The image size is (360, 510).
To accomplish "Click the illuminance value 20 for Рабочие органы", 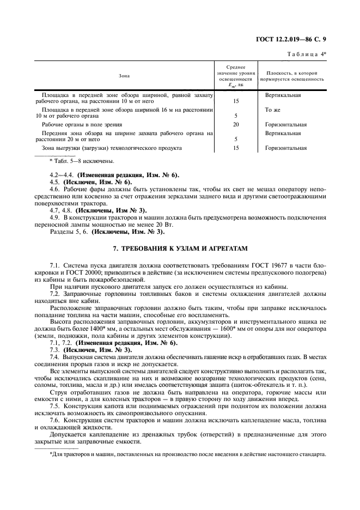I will click(236, 124).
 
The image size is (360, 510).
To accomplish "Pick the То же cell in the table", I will click(272, 110).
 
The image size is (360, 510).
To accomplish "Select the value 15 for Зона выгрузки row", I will click(236, 148).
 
